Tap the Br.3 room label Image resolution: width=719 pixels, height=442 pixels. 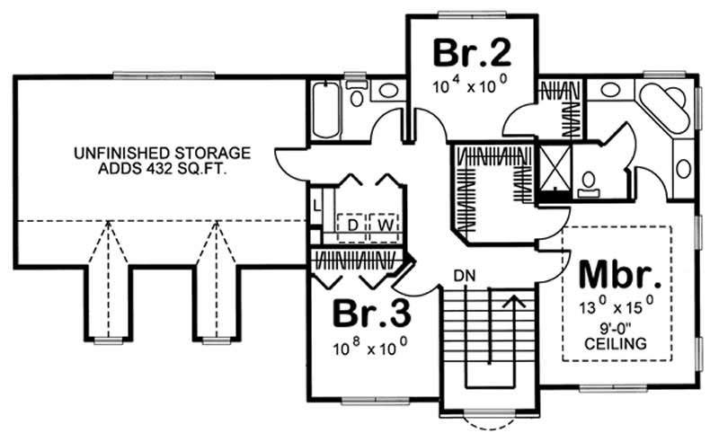(372, 314)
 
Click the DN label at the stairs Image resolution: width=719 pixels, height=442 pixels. (465, 274)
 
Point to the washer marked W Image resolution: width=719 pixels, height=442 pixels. (386, 222)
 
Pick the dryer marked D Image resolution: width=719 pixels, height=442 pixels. (353, 222)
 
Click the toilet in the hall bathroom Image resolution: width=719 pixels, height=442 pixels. (357, 97)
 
